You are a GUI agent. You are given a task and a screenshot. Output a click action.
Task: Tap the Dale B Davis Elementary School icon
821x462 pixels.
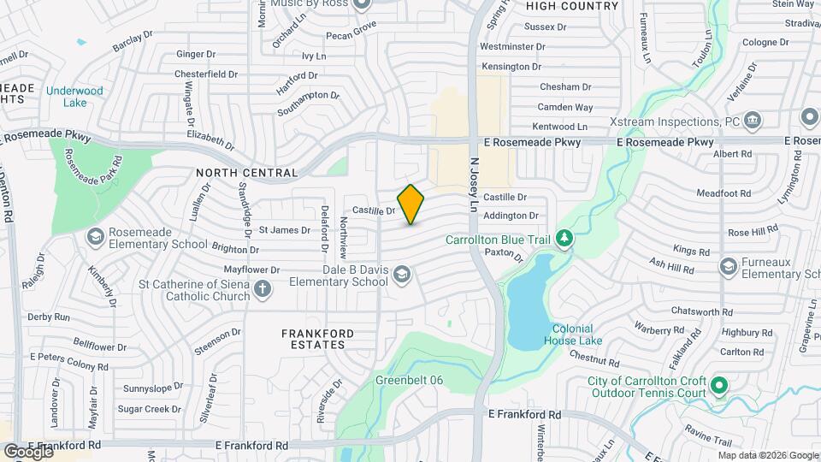coord(401,274)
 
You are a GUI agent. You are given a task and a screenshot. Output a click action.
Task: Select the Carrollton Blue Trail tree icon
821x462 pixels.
coord(564,240)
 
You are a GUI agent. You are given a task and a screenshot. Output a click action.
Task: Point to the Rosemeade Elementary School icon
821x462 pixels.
coord(95,235)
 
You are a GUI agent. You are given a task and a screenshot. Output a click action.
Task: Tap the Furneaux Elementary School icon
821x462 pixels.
coord(728,267)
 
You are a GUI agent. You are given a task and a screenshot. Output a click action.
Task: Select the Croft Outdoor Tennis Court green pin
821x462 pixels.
coord(719,386)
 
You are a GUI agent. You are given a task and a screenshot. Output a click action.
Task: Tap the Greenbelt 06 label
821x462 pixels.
coord(406,380)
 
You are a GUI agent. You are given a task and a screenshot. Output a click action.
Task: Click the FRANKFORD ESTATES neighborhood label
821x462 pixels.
coord(313,338)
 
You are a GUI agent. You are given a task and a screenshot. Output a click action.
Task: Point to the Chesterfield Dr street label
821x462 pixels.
coord(206,74)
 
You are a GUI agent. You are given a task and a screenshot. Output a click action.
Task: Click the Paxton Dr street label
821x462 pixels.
coord(504,254)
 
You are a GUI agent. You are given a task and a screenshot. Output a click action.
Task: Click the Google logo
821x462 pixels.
coord(28,451)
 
